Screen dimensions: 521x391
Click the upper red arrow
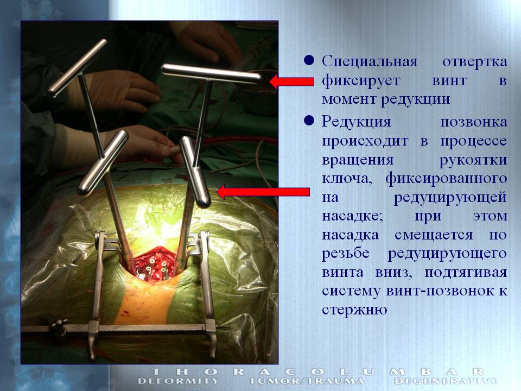[x=291, y=81]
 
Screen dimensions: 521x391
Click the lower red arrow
[x=263, y=192]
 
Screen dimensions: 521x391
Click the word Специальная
[x=370, y=62]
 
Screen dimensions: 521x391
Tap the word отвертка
[x=474, y=62]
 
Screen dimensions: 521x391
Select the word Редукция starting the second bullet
[x=356, y=122]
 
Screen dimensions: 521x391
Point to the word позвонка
[x=473, y=122]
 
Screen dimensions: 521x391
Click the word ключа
[x=347, y=179]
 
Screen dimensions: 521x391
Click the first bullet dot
[x=309, y=60]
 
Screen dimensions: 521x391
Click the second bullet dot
[x=309, y=121]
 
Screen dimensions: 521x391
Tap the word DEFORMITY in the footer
[x=178, y=381]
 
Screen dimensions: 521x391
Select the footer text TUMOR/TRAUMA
[x=306, y=381]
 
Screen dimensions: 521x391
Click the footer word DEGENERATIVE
[x=445, y=381]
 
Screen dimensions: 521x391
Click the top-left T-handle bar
[x=78, y=68]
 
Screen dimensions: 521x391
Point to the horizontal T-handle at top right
[x=211, y=74]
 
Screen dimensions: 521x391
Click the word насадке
[x=353, y=217]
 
